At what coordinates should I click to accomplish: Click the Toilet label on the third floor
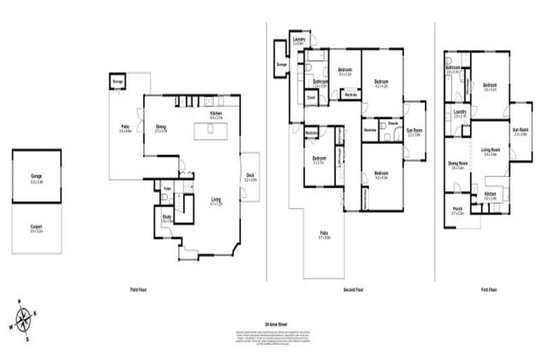click(167, 188)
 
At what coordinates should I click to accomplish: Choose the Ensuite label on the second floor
click(393, 122)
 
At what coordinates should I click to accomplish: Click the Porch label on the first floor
click(457, 209)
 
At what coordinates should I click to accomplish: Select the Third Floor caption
click(138, 289)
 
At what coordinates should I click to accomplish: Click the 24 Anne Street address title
click(275, 324)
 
